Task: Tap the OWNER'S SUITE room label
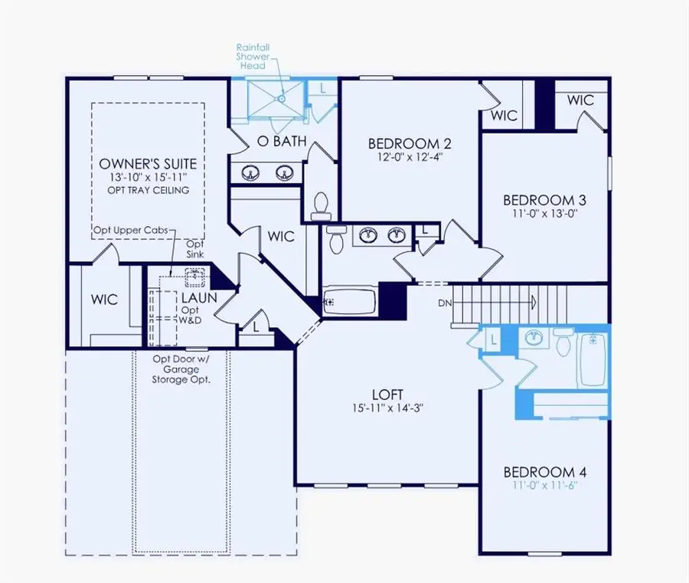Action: coord(148,164)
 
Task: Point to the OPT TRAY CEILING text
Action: coord(148,190)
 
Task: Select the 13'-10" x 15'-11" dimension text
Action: coord(148,178)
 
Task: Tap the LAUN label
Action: coord(198,297)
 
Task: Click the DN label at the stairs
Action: coord(444,303)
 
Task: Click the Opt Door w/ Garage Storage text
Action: coord(181,368)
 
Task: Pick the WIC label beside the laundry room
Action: coord(104,300)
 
